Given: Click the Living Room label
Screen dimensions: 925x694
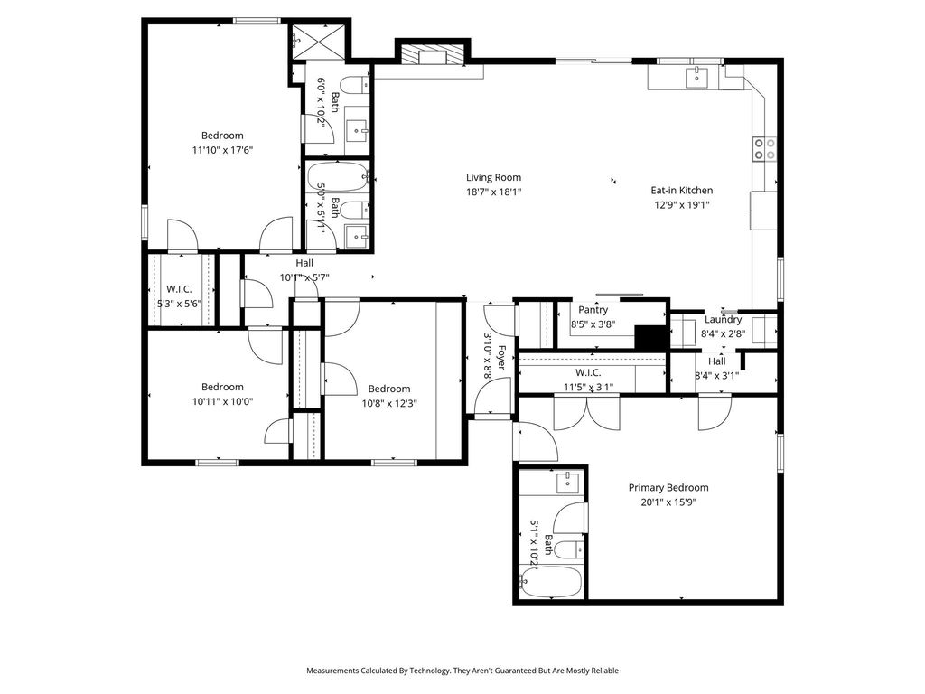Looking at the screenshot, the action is [494, 177].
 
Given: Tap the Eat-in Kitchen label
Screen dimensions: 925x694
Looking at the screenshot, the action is [681, 190].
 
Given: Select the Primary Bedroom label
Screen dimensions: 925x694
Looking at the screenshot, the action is [668, 487].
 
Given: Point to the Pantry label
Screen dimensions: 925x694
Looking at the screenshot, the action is [593, 310].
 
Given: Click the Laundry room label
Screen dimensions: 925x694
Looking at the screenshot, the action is [724, 320].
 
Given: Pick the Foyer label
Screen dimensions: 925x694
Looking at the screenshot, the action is [500, 358].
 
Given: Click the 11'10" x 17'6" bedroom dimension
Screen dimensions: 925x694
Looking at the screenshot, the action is [222, 150].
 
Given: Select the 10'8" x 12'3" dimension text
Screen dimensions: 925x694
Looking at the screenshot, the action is [389, 403].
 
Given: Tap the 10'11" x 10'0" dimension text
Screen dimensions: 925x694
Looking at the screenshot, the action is [222, 401].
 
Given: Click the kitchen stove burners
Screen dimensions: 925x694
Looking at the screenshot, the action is [764, 149].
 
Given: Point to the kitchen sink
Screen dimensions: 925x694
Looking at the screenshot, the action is [696, 78].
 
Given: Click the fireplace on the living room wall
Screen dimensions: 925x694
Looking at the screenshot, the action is [434, 55].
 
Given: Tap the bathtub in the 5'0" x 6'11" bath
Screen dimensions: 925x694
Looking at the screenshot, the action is [338, 176].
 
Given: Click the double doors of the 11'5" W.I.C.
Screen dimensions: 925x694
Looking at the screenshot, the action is [587, 412].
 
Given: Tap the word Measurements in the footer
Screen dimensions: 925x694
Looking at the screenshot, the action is [332, 671].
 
